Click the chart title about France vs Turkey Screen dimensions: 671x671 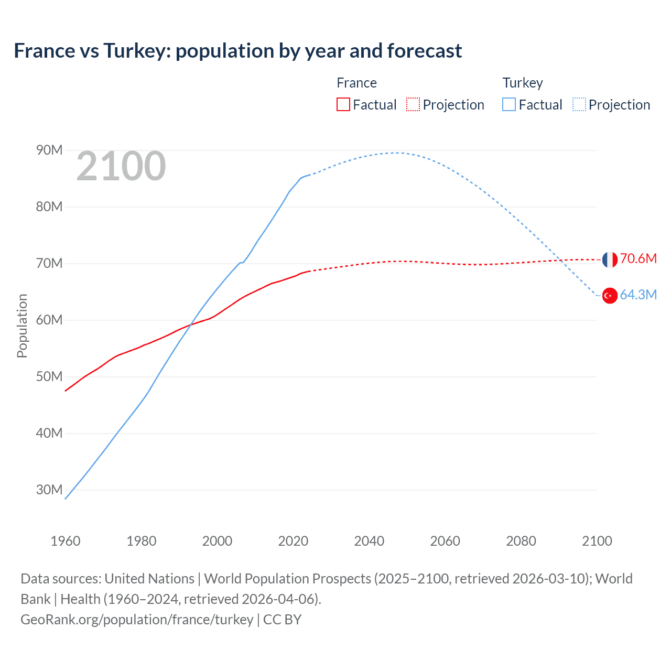point(238,51)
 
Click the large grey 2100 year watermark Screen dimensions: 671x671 point(121,166)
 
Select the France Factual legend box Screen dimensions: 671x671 point(343,104)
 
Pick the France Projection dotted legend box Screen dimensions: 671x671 point(413,104)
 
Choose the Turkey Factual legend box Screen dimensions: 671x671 point(509,104)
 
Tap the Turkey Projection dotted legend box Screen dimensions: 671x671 point(579,104)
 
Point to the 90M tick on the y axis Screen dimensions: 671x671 point(49,150)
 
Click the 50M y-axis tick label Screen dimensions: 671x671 point(49,377)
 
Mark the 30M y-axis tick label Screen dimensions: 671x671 point(49,490)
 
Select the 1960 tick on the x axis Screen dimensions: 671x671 point(66,541)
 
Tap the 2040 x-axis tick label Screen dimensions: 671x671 point(369,541)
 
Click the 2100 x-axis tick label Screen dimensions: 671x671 point(597,541)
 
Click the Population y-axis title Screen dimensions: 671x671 point(22,326)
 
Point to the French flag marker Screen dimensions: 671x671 point(610,259)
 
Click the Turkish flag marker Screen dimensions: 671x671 point(610,296)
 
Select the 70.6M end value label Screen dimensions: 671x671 point(638,259)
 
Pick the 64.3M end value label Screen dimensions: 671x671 point(638,295)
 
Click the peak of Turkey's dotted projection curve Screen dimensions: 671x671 point(397,153)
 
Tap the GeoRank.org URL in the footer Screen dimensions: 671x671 point(137,620)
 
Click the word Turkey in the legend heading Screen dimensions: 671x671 point(523,83)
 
